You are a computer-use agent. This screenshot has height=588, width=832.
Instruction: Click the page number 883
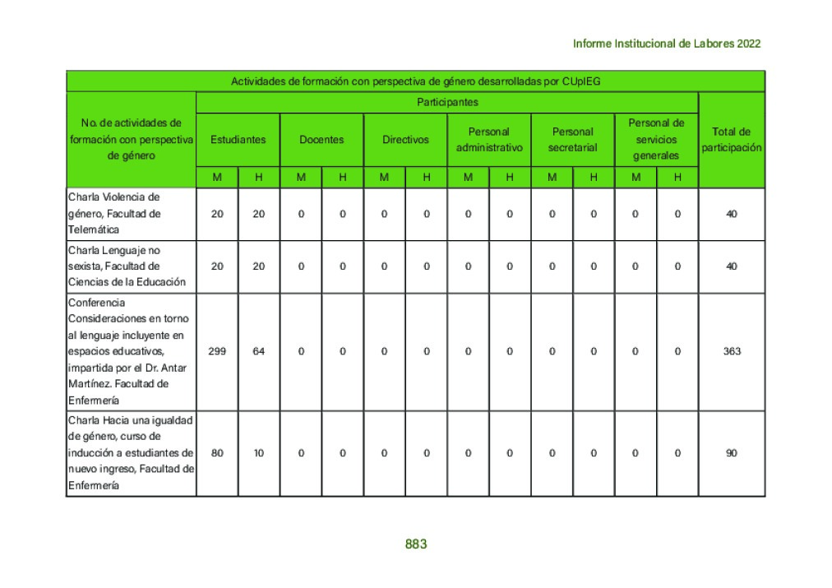point(416,544)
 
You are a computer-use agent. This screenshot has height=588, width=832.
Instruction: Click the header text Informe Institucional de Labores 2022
point(666,44)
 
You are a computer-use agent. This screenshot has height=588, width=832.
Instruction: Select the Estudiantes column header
point(238,140)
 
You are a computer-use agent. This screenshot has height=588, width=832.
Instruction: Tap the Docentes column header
point(321,140)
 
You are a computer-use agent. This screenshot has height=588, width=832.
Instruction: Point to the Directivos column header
point(405,140)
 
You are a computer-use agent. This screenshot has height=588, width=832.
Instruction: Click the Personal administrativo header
point(489,140)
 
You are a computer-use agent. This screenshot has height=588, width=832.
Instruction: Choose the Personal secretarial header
point(572,140)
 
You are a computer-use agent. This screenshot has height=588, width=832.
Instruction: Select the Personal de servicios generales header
point(656,139)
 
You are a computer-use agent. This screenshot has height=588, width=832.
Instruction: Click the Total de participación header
point(731,139)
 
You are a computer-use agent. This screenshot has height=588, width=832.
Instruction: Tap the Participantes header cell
point(447,103)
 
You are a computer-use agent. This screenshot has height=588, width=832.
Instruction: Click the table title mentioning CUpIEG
point(415,81)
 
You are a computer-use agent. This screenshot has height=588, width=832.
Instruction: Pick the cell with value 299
point(217,351)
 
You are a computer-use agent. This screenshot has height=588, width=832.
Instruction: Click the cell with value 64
point(259,351)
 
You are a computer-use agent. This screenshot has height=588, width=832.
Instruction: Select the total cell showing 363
point(732,351)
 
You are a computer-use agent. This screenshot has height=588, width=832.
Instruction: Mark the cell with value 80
point(217,453)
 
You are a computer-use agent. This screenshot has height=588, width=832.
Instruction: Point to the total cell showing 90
point(732,453)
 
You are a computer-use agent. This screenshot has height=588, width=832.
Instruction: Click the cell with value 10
point(259,453)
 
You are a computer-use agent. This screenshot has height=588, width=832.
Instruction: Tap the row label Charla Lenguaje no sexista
point(131,266)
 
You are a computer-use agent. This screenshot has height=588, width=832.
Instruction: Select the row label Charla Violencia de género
point(131,214)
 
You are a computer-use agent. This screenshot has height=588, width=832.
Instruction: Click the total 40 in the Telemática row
point(732,214)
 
